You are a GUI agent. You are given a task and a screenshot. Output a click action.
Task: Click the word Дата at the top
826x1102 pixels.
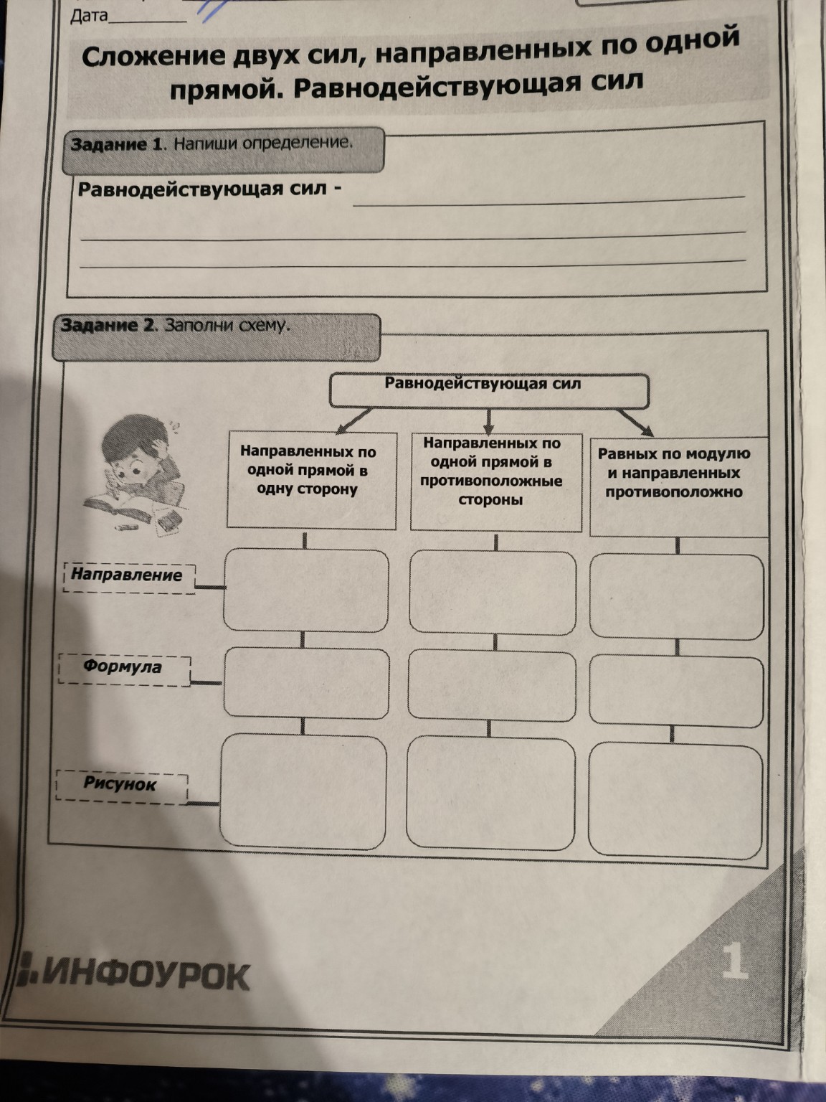click(88, 16)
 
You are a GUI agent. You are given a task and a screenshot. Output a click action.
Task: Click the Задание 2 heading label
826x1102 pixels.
click(107, 326)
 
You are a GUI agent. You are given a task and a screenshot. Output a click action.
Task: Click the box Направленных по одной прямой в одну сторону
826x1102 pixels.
click(310, 479)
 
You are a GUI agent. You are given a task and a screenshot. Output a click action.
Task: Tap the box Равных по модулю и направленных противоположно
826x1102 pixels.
click(676, 485)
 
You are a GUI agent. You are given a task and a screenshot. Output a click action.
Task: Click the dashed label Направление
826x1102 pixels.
click(128, 576)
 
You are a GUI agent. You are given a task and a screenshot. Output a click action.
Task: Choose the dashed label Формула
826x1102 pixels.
click(123, 668)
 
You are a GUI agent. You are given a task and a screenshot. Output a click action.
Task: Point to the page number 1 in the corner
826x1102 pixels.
click(735, 961)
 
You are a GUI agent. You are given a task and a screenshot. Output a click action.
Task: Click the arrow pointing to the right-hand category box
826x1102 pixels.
click(637, 423)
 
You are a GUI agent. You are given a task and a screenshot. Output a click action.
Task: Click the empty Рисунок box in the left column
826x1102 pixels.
click(304, 791)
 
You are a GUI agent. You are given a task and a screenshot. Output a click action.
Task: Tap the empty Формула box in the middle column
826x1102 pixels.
click(492, 684)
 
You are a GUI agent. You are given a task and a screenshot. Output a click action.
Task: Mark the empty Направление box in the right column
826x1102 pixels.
click(676, 596)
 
